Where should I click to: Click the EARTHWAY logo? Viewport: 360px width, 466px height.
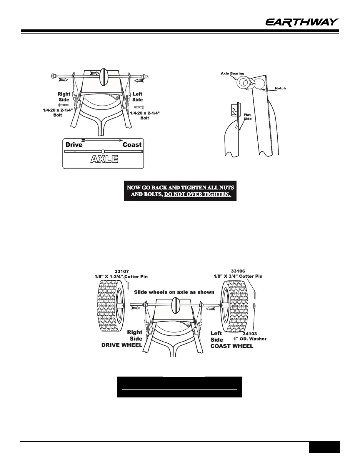tap(302, 22)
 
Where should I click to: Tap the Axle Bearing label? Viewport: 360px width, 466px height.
tap(232, 74)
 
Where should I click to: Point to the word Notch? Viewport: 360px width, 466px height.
tap(280, 88)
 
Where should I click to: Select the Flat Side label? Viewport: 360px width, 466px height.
tap(247, 117)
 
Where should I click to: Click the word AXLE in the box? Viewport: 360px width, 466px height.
tap(104, 159)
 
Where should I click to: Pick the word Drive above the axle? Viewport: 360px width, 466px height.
tap(74, 144)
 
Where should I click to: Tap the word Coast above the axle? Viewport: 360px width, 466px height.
tap(132, 144)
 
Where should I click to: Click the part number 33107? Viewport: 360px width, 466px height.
tap(121, 271)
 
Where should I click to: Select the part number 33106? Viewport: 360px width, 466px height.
tap(238, 271)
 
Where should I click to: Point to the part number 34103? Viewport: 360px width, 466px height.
tap(250, 334)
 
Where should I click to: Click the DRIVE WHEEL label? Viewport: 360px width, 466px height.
tap(122, 345)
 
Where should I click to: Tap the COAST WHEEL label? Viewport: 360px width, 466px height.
tap(232, 346)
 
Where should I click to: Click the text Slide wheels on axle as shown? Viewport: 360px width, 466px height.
tap(174, 292)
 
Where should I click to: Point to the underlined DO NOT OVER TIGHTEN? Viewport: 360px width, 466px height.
tap(197, 194)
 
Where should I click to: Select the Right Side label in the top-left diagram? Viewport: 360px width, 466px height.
tap(64, 97)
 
